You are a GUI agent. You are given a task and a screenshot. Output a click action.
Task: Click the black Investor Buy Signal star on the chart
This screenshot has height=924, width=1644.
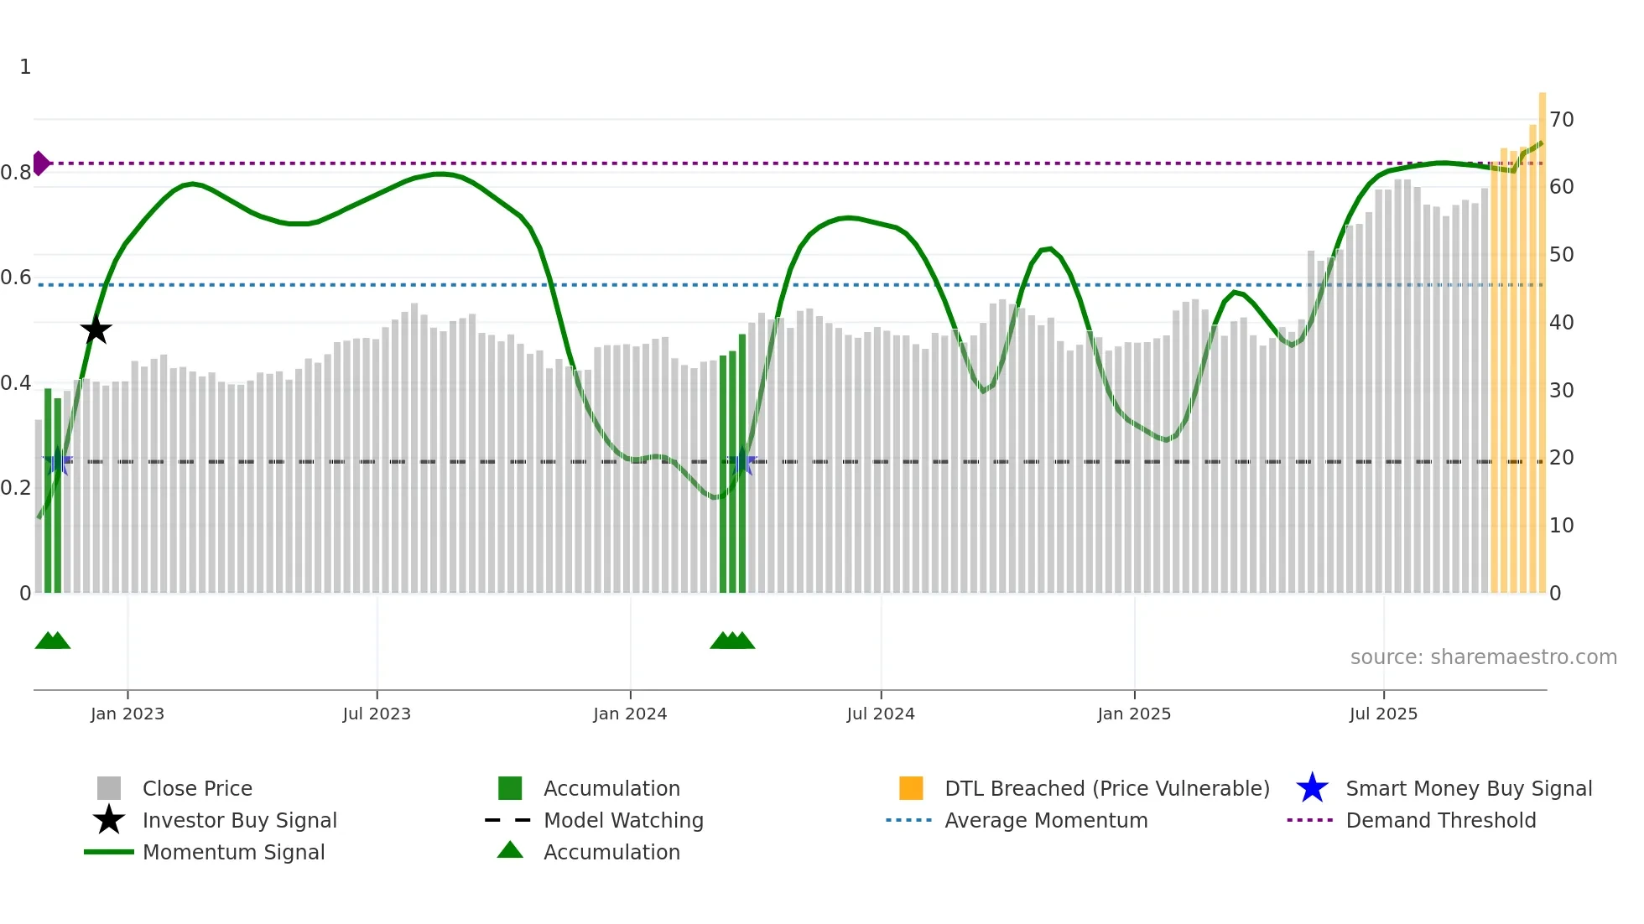tap(96, 330)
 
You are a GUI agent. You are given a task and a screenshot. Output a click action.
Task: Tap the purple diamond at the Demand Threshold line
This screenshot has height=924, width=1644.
tap(40, 164)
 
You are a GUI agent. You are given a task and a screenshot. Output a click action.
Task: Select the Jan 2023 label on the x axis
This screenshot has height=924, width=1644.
tap(127, 714)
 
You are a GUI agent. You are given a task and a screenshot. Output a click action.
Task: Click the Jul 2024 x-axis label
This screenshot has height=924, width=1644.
tap(881, 714)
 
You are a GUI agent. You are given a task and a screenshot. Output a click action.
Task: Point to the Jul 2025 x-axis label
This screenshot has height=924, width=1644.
tap(1383, 714)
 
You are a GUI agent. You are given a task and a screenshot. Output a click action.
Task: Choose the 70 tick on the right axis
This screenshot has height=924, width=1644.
tap(1562, 120)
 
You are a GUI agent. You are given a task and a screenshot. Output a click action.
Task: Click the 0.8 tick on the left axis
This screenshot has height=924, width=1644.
tap(16, 173)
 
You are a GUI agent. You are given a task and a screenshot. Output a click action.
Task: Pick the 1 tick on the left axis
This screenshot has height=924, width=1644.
tap(25, 67)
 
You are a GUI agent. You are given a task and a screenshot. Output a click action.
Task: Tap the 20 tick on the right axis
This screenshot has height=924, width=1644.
tap(1562, 458)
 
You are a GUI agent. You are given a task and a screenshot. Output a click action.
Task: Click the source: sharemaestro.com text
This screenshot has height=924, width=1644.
tap(1483, 657)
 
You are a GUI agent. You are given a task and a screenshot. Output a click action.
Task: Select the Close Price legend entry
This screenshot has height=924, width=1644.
tap(197, 789)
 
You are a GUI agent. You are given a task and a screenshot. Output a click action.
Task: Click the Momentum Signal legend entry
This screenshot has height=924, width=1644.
tap(233, 853)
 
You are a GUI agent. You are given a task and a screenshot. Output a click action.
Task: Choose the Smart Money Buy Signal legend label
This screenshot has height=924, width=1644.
tap(1469, 789)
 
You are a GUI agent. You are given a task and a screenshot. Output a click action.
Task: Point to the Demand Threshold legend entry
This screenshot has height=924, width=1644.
tap(1440, 821)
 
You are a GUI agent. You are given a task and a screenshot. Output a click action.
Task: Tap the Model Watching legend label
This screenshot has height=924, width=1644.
tap(623, 821)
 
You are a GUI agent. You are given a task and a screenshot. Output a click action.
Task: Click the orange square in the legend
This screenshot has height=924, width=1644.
tap(911, 788)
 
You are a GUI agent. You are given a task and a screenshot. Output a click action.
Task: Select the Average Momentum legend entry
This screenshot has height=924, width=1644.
tap(1046, 821)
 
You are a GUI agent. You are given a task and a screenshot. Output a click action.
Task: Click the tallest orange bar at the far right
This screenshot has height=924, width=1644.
tap(1543, 335)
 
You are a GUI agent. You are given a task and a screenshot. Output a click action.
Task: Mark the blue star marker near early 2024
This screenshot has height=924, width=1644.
tap(742, 462)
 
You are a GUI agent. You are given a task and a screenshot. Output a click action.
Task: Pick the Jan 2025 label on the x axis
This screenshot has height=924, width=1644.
tap(1134, 714)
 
